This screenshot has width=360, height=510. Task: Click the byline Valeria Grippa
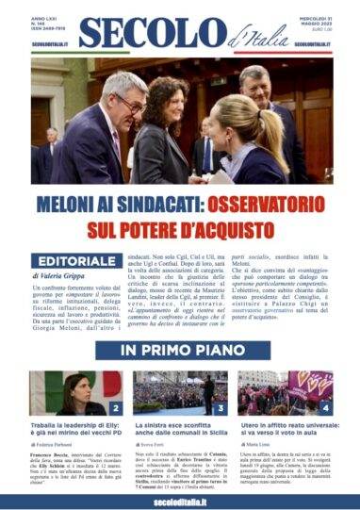pyautogui.click(x=66, y=279)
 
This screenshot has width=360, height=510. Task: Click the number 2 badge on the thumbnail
pyautogui.click(x=114, y=406)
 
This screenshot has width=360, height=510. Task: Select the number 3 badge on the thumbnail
pyautogui.click(x=220, y=406)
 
